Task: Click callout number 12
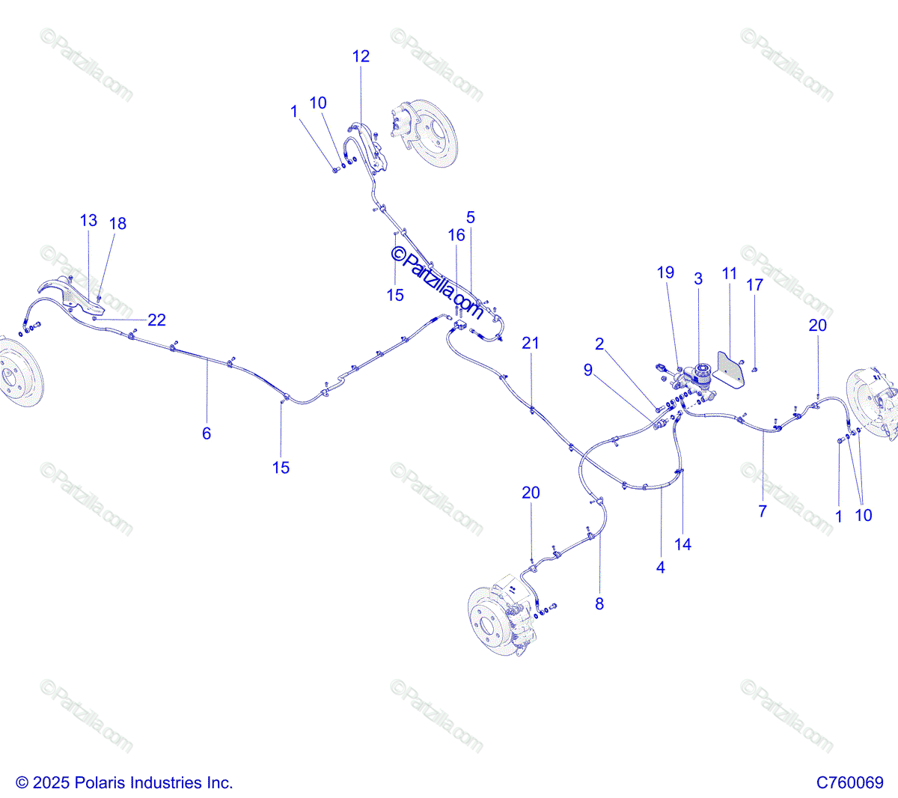tap(361, 56)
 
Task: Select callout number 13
tap(88, 220)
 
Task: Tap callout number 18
tap(117, 223)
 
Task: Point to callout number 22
tap(156, 320)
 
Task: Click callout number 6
tap(207, 433)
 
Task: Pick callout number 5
tap(471, 217)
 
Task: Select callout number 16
tap(456, 235)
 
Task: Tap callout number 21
tap(531, 343)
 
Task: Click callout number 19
tap(665, 272)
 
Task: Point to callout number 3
tap(698, 278)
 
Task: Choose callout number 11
tap(730, 273)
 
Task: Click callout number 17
tap(755, 284)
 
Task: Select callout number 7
tap(763, 511)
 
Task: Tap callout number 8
tap(599, 603)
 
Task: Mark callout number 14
tap(682, 544)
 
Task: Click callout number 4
tap(660, 567)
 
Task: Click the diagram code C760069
tap(849, 782)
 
